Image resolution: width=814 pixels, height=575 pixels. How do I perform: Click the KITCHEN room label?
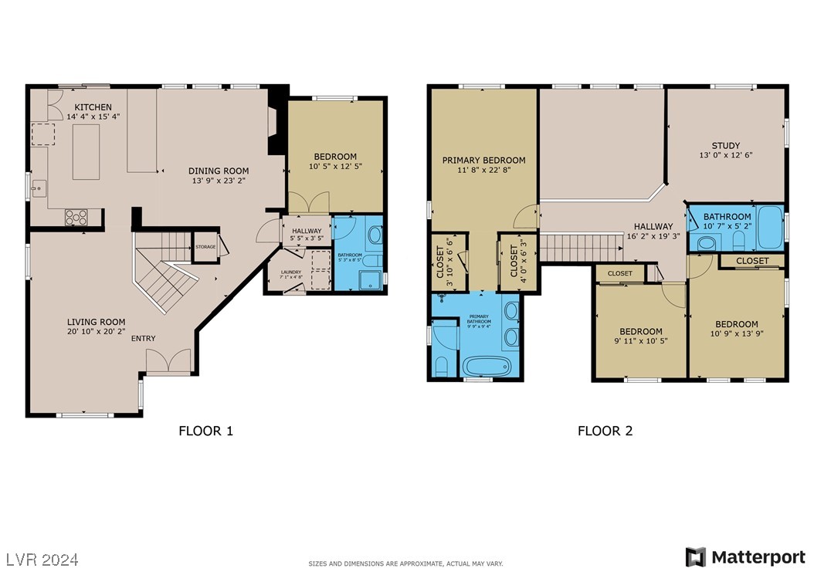point(93,107)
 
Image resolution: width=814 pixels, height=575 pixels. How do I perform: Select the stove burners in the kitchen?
point(75,217)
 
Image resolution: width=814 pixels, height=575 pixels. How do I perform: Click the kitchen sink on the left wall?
point(39,187)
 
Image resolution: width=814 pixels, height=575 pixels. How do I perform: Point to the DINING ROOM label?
point(219,171)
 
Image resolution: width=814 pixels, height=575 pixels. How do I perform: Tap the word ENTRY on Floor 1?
point(143,338)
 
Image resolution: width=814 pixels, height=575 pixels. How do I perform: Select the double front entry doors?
point(168,361)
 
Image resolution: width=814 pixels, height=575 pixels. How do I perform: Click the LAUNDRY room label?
point(290,272)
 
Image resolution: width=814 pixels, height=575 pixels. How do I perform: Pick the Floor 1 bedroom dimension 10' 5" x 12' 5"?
point(335,166)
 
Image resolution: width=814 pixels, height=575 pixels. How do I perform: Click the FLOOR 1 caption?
point(205,431)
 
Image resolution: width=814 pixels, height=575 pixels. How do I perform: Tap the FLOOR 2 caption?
point(605,431)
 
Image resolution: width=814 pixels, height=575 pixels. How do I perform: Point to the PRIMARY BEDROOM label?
point(483,161)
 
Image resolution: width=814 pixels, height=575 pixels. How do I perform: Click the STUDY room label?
point(725,145)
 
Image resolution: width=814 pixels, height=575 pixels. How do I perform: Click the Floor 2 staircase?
point(580,248)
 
